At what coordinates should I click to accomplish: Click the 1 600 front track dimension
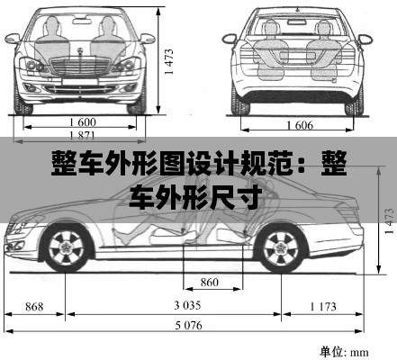(x=83, y=122)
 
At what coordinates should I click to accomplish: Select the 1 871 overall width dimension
(x=82, y=136)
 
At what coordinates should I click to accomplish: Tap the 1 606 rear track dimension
(x=300, y=125)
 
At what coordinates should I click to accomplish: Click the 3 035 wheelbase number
(x=187, y=305)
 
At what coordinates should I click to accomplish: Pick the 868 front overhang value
(x=34, y=306)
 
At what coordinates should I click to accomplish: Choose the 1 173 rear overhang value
(x=323, y=306)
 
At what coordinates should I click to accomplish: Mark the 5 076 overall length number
(x=189, y=325)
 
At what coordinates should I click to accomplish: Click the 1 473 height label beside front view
(x=169, y=61)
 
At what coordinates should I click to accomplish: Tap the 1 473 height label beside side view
(x=389, y=221)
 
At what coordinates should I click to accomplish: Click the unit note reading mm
(x=359, y=352)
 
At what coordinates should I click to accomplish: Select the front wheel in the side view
(x=66, y=247)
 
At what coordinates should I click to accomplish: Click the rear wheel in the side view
(x=281, y=248)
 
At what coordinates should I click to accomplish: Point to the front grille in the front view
(x=80, y=66)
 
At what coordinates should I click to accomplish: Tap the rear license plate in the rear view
(x=297, y=56)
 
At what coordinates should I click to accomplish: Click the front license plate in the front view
(x=80, y=82)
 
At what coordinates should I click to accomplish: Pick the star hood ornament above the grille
(x=80, y=51)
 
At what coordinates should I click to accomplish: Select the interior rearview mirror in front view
(x=82, y=21)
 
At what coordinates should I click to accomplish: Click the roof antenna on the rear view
(x=298, y=9)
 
